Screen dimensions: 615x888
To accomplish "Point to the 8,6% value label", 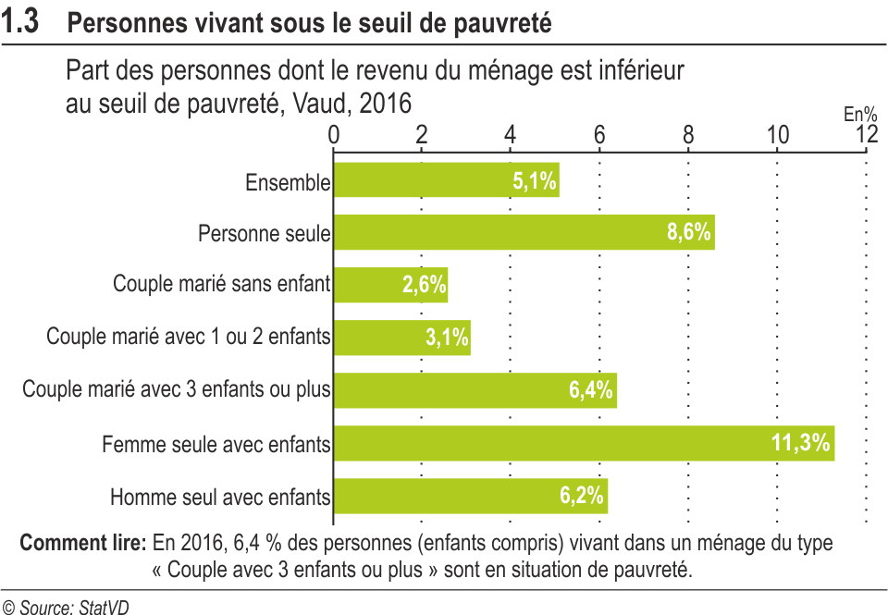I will pyautogui.click(x=689, y=232).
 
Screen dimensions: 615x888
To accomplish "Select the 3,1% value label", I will pyautogui.click(x=448, y=338).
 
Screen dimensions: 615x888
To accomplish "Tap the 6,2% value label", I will pyautogui.click(x=583, y=496).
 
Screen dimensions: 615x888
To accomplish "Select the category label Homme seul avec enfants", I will pyautogui.click(x=220, y=498).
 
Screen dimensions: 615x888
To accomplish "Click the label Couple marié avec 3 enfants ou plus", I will pyautogui.click(x=177, y=390).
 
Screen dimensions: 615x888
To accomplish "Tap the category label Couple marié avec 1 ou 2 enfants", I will pyautogui.click(x=189, y=338).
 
